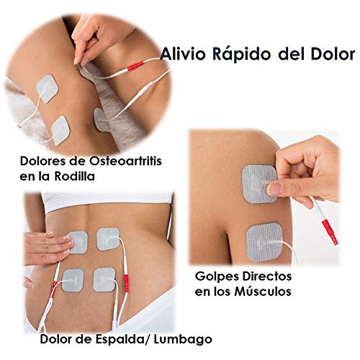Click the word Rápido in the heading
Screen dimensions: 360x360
point(242,55)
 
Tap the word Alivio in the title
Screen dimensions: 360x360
point(183,54)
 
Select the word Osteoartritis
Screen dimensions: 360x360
point(125,161)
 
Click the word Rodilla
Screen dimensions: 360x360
point(74,176)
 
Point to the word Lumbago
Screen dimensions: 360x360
point(183,339)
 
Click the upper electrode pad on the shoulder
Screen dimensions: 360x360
point(259,184)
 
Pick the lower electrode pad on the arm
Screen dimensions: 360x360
point(264,242)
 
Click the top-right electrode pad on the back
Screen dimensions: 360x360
point(108,239)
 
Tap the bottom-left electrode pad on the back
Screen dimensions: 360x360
point(73,280)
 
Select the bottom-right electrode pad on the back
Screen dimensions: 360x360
point(104,279)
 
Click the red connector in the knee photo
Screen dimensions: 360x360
point(135,66)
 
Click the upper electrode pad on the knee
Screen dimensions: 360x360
point(48,89)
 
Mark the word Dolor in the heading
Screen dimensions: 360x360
point(333,54)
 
